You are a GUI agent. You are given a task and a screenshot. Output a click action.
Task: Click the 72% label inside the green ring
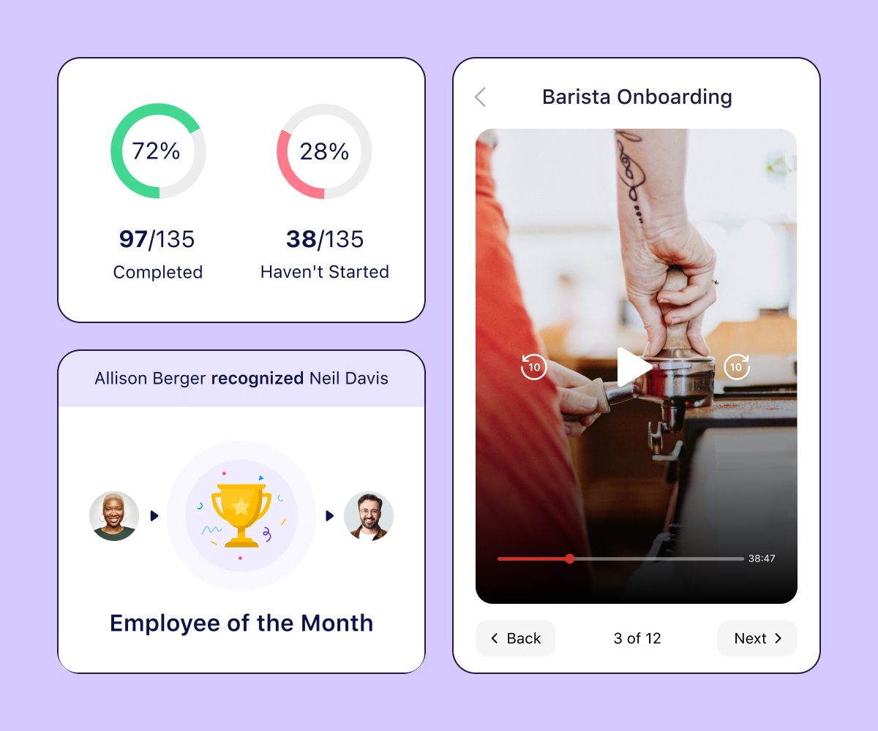coord(156,151)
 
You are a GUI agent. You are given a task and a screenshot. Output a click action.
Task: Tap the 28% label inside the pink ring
coord(324,151)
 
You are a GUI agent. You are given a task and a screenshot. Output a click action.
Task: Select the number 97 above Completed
coord(133,239)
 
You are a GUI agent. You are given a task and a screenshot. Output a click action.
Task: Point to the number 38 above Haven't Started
coord(301,239)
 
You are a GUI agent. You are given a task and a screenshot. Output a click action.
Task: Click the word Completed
coord(158,273)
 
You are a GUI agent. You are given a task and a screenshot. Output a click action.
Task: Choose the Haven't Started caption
coord(325,273)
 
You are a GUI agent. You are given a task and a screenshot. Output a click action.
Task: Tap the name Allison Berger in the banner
coord(150,378)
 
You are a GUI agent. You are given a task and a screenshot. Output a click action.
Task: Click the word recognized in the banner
coord(258,378)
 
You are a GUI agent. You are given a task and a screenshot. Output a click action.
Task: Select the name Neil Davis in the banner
coord(349,378)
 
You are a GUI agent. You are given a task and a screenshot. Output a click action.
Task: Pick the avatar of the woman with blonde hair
coord(114,516)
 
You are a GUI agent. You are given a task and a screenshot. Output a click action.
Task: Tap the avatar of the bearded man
coord(369,516)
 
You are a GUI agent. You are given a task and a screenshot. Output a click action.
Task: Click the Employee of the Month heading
coord(241,623)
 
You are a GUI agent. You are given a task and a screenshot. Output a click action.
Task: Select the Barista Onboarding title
coord(637,97)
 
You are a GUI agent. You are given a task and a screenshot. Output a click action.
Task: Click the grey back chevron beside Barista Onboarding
coord(481,97)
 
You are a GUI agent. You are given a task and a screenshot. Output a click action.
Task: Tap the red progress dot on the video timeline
coord(570,558)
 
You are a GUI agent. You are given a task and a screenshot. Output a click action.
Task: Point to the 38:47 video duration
coord(762,558)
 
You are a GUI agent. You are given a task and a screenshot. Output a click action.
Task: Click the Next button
coord(757,638)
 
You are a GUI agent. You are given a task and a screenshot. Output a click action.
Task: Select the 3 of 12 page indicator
coord(637,638)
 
